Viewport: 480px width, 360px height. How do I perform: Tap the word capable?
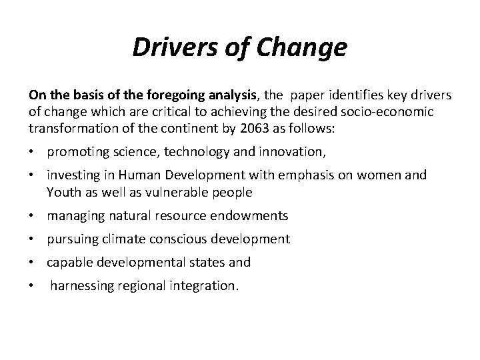[x=68, y=263]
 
